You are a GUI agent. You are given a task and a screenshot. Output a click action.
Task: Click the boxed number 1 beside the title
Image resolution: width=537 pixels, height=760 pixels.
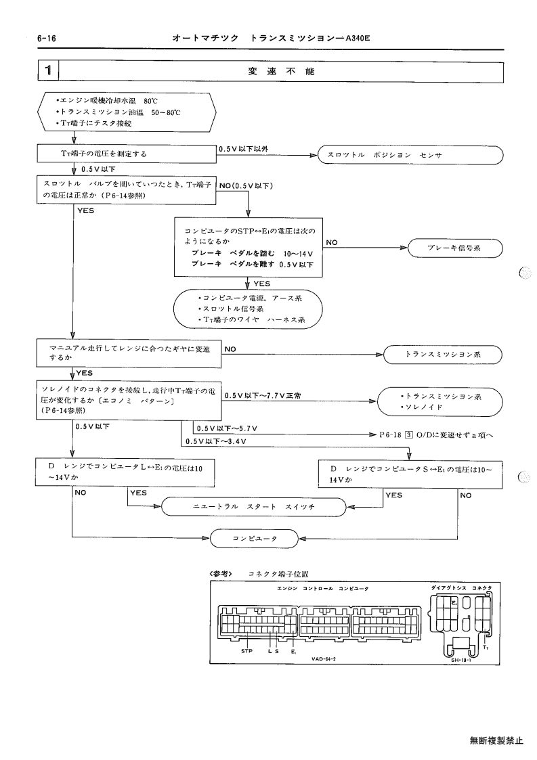point(48,71)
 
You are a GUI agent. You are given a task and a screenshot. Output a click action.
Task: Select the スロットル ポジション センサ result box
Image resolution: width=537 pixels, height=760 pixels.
point(410,155)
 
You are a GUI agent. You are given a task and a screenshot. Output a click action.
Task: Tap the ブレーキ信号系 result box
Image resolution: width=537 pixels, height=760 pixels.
point(454,248)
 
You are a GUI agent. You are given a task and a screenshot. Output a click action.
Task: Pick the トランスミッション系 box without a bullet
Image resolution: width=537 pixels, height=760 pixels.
point(442,355)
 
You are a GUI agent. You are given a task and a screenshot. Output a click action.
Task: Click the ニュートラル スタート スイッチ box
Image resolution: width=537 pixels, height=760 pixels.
point(254,506)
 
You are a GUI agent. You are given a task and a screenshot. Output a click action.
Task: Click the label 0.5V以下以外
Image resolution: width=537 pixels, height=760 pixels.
point(244,150)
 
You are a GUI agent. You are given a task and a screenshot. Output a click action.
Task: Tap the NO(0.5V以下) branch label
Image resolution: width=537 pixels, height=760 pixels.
point(246,185)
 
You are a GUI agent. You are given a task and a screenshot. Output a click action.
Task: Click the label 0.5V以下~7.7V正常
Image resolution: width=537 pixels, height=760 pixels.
point(263,395)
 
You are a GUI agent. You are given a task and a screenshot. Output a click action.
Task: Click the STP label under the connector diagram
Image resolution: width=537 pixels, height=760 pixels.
point(247,651)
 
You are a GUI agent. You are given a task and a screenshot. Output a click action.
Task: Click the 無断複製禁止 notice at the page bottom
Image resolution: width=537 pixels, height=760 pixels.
point(497,740)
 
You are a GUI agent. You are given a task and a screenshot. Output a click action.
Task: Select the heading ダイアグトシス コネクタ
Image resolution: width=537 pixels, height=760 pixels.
point(461,588)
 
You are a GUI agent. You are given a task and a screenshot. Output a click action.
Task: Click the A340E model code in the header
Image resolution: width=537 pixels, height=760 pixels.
point(358,38)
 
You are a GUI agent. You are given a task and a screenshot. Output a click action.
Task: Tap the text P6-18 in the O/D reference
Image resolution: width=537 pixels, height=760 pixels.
point(391,434)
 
